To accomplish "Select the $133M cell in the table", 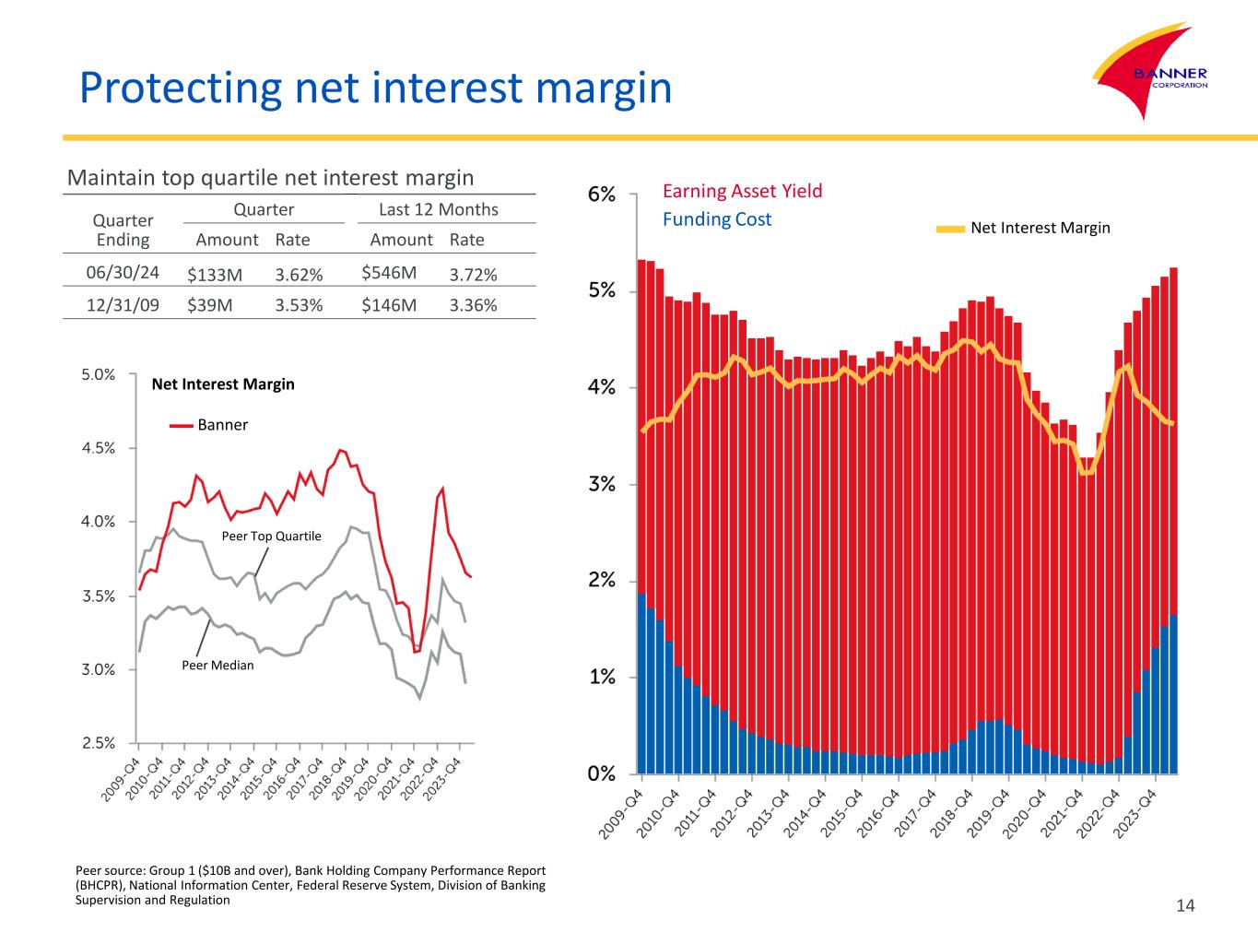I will point(215,274).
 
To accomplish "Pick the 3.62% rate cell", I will point(299,274).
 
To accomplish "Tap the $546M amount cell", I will point(389,273).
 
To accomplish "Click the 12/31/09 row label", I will point(123,305).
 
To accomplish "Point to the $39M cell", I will point(209,305).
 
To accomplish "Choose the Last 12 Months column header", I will point(439,209).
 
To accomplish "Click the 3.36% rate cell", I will point(473,305).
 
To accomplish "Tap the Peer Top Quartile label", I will point(272,536).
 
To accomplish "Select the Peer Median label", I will point(218,665).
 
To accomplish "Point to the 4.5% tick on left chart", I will point(97,448).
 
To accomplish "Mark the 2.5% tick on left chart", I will point(97,743).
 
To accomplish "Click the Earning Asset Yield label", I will point(742,191).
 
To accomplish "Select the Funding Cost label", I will point(717,219).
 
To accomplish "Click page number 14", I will point(1185,906).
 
